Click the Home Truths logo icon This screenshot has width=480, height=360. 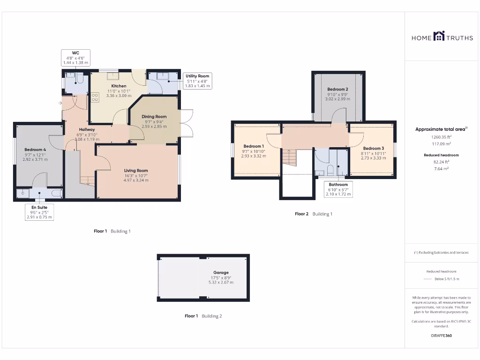click(439, 36)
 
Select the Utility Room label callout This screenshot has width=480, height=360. click(197, 81)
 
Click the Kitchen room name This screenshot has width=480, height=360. click(119, 86)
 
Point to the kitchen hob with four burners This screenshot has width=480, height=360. click(95, 97)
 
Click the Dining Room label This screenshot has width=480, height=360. click(155, 117)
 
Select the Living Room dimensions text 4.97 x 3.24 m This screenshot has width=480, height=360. click(136, 180)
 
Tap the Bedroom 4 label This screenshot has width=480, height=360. click(35, 150)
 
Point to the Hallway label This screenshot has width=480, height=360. click(87, 129)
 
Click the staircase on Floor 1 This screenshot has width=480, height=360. click(87, 180)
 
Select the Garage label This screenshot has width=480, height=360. click(221, 272)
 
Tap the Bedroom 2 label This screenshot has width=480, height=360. click(337, 89)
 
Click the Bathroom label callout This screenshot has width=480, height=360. click(338, 189)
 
